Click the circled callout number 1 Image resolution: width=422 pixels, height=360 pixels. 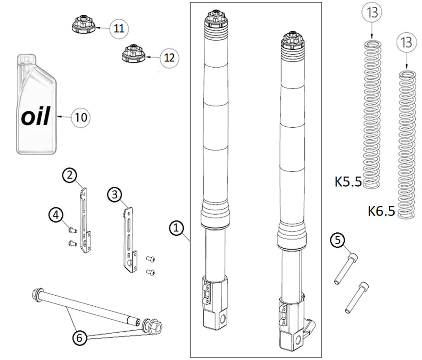tap(177, 228)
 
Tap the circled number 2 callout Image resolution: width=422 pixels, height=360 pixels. tap(70, 176)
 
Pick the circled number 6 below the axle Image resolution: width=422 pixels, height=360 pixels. tap(80, 337)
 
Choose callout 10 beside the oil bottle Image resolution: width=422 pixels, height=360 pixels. tap(81, 117)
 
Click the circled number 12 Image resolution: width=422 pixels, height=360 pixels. tap(169, 58)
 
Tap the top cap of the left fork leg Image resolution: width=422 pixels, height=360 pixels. tap(216, 20)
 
